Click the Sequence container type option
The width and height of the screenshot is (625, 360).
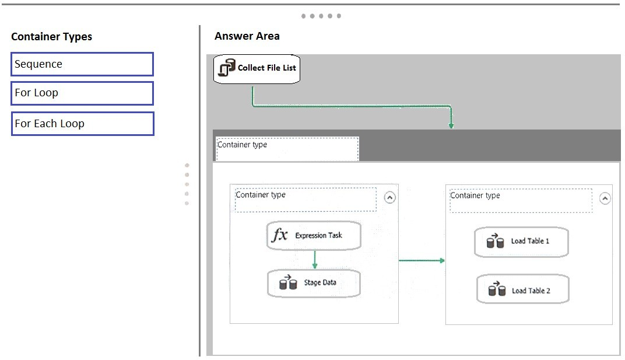(82, 64)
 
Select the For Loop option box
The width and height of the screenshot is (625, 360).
(82, 93)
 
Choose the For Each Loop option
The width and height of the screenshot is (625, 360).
(82, 124)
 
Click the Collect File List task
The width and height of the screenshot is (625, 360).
(257, 69)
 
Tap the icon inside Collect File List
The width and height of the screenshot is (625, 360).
(227, 68)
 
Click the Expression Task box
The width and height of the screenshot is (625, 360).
(314, 236)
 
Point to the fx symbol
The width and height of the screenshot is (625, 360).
(280, 235)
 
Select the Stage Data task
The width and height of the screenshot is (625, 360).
(314, 284)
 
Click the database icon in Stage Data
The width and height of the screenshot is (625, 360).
(288, 282)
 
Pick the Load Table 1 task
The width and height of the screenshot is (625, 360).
(521, 242)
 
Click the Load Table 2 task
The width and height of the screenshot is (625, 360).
(522, 289)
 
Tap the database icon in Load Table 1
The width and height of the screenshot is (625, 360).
(495, 240)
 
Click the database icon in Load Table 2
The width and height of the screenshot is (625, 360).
(497, 289)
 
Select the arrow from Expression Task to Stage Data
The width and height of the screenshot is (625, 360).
(315, 260)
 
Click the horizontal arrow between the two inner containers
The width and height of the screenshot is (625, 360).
(422, 261)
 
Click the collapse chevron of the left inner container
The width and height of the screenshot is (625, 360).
(390, 198)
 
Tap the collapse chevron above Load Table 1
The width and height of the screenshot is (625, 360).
(605, 198)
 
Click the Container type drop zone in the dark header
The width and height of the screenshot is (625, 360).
(287, 149)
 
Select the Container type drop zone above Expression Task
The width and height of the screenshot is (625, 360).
(306, 200)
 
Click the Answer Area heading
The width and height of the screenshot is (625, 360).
(247, 36)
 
